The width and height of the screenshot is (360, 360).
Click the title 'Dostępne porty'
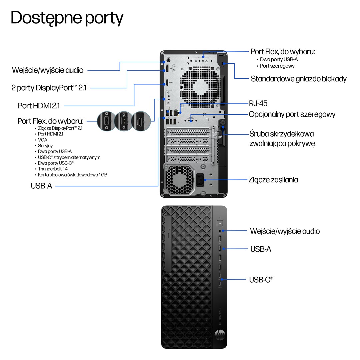coord(67,18)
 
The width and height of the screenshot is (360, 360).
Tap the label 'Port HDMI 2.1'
coord(39,106)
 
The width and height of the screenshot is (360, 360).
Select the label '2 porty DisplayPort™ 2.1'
coord(49,88)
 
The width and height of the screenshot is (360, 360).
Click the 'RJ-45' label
coord(258,103)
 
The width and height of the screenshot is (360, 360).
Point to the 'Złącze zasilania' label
coord(273,180)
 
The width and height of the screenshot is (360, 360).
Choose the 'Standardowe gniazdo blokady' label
coord(299,79)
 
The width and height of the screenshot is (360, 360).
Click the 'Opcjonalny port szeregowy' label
coord(292,114)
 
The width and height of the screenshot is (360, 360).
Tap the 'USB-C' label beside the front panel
coord(261,280)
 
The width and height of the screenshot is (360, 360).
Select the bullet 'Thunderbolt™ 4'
coord(53,169)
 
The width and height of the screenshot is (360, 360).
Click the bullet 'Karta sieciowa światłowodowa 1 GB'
coord(73,175)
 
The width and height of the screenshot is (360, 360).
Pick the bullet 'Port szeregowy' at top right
coord(277,66)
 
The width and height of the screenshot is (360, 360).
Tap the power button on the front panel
coord(220,223)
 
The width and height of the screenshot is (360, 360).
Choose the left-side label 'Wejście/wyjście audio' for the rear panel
coord(48,70)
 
